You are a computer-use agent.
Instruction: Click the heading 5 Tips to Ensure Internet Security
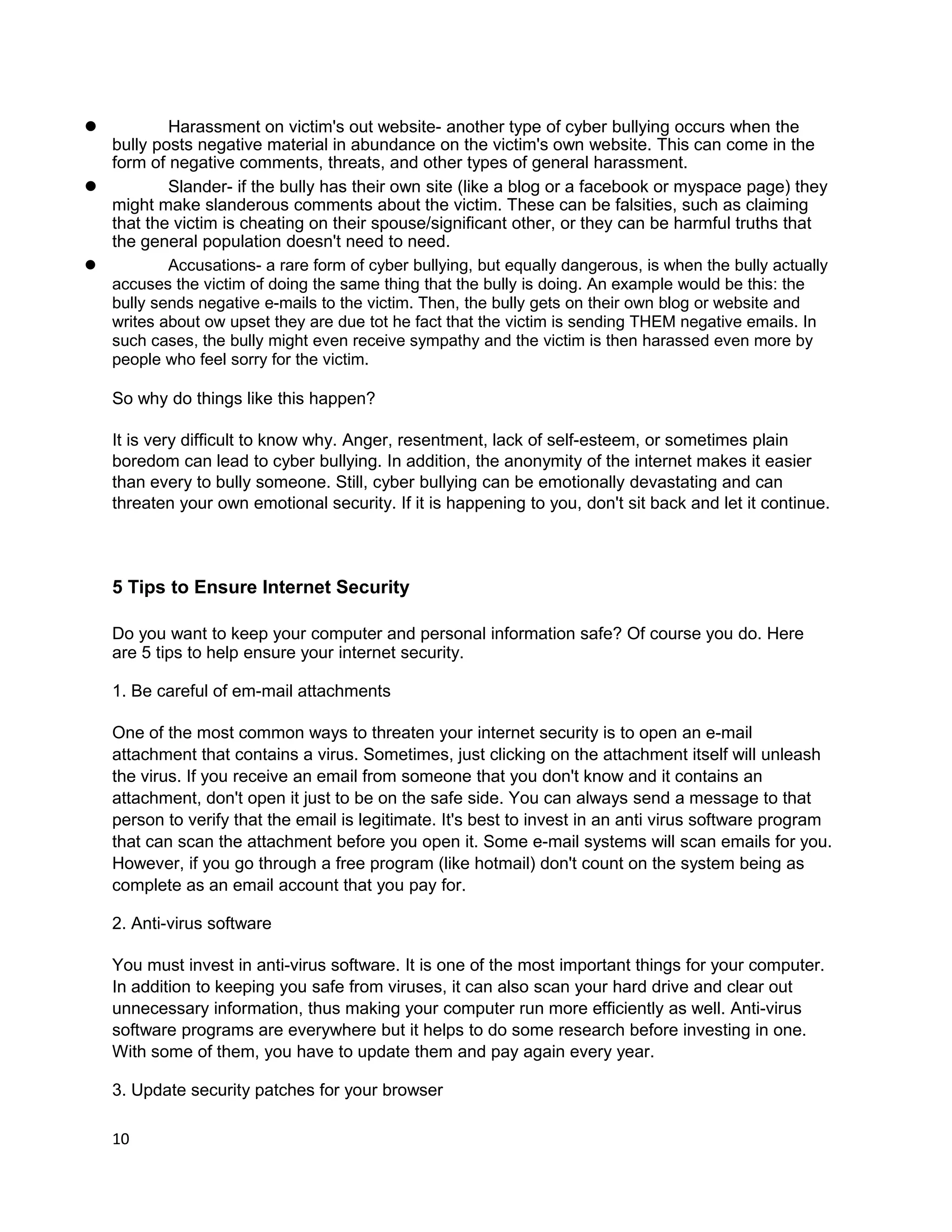pos(261,587)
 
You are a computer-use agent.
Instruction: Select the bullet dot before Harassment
pos(90,126)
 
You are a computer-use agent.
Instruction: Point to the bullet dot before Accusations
pos(90,265)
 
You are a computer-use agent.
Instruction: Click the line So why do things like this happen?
pos(243,399)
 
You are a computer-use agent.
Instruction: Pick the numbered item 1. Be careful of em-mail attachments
pos(251,691)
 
